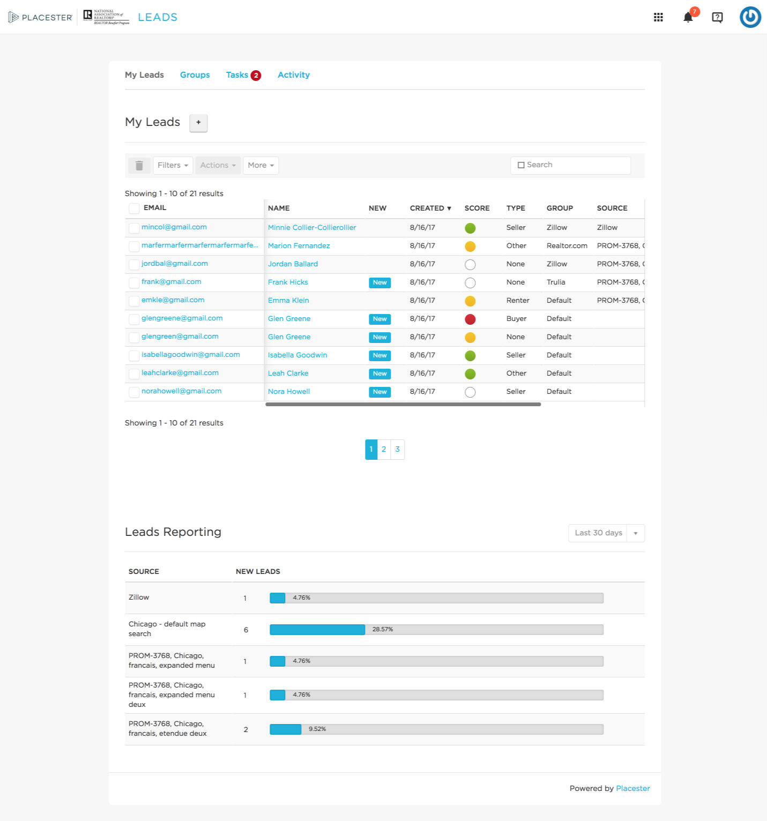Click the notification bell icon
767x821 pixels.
pyautogui.click(x=688, y=17)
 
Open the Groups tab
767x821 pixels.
pyautogui.click(x=195, y=75)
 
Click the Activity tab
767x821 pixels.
pyautogui.click(x=293, y=75)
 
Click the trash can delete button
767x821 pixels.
pyautogui.click(x=139, y=166)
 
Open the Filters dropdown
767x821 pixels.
pyautogui.click(x=173, y=166)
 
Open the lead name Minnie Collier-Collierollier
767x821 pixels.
pyautogui.click(x=311, y=228)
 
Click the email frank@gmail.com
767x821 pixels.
pyautogui.click(x=171, y=282)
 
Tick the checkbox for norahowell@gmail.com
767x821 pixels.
pyautogui.click(x=134, y=392)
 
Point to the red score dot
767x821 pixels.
pyautogui.click(x=470, y=319)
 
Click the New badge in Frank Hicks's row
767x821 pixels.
pyautogui.click(x=379, y=283)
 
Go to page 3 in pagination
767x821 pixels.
pyautogui.click(x=397, y=450)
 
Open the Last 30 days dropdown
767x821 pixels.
pyautogui.click(x=606, y=533)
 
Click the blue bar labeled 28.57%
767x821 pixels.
pyautogui.click(x=317, y=630)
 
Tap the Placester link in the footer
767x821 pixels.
pyautogui.click(x=632, y=788)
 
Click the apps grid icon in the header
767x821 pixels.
pyautogui.click(x=658, y=17)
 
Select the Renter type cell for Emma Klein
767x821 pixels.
pyautogui.click(x=517, y=301)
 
